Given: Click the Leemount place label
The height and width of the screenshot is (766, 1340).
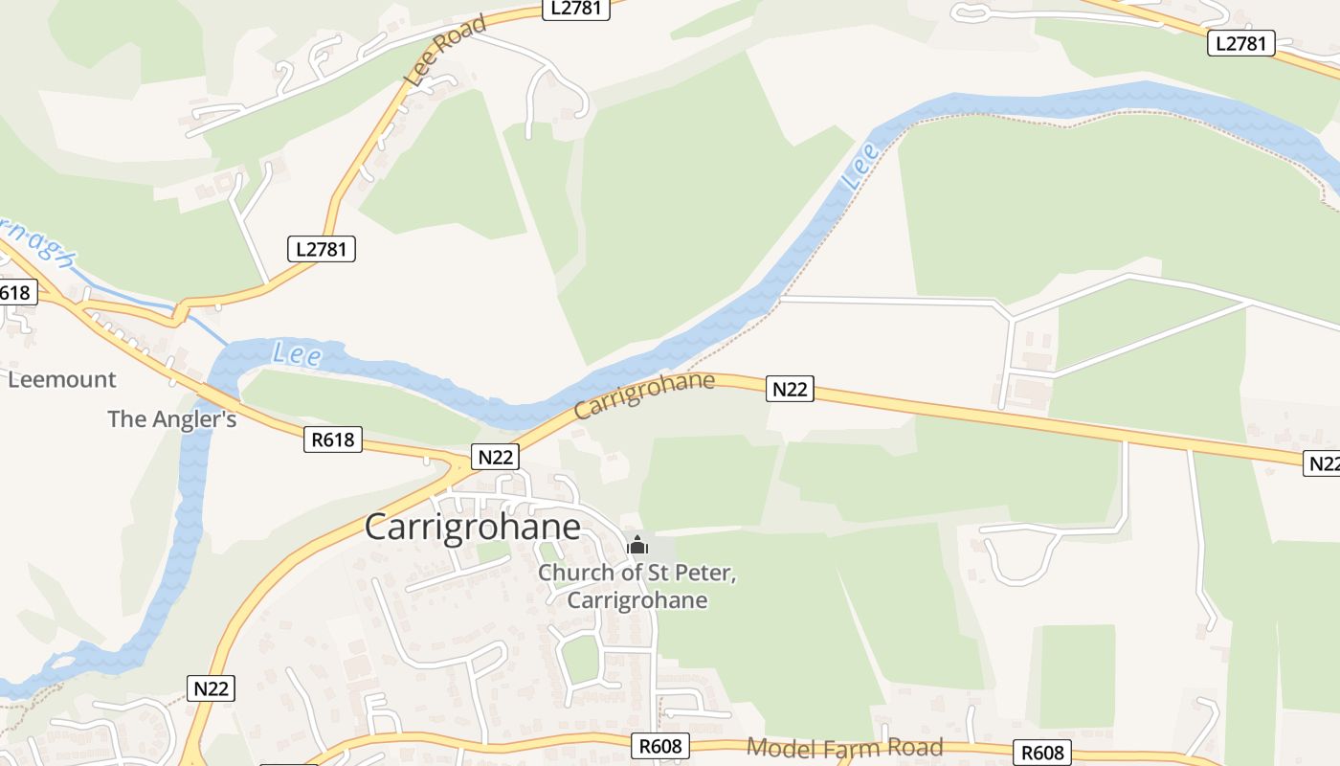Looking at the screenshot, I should [x=62, y=379].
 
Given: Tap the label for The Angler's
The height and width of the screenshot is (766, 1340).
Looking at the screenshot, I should [x=172, y=418].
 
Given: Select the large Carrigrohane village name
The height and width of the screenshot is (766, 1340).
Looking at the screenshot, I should [x=473, y=528].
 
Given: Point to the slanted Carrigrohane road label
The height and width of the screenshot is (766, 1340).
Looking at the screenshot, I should [x=645, y=395].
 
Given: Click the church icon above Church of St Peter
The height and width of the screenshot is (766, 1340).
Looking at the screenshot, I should [x=637, y=547].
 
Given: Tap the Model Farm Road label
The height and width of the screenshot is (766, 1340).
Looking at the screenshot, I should [x=844, y=747].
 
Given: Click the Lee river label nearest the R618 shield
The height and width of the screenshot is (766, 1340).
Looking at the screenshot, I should [x=297, y=354].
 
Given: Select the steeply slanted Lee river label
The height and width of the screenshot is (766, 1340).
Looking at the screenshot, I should [x=859, y=166].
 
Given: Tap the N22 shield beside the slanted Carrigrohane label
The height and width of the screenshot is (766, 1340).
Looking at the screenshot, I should [x=790, y=389].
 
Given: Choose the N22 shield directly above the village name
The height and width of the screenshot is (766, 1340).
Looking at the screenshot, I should [x=496, y=457].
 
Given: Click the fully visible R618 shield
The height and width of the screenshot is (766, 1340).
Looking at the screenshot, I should [x=333, y=440].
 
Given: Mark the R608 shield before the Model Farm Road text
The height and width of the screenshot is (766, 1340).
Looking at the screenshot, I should [x=660, y=746].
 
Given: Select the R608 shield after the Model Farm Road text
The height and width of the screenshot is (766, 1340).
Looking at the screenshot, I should [x=1041, y=753].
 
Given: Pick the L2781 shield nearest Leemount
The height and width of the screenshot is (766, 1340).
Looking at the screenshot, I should [x=322, y=249].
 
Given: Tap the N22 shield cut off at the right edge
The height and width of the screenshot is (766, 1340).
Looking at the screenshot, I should [x=1322, y=463].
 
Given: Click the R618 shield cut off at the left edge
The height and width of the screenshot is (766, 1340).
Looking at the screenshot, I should [x=16, y=293].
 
